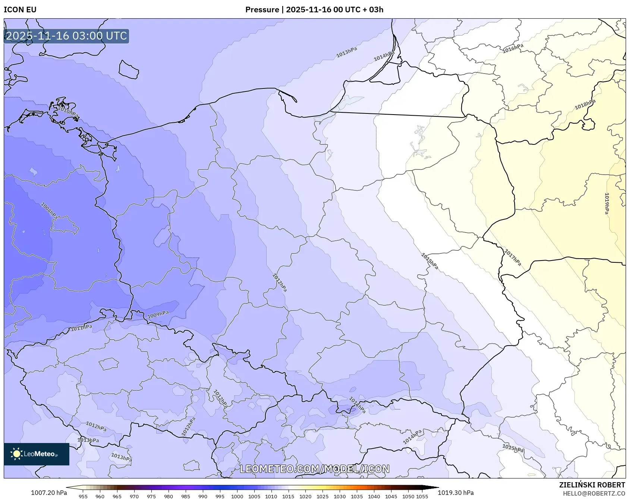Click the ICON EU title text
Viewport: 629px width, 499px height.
click(20, 10)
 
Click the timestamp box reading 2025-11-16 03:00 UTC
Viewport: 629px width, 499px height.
click(66, 36)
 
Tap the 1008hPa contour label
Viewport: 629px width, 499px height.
click(49, 211)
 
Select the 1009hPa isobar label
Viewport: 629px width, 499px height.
click(158, 315)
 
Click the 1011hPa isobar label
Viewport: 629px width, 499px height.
click(81, 328)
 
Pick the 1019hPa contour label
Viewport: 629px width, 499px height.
click(607, 203)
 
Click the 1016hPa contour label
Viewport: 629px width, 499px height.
click(513, 49)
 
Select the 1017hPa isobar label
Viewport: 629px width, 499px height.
click(513, 258)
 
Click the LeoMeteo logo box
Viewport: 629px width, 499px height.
click(37, 454)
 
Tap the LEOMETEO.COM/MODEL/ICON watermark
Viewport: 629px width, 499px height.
click(314, 469)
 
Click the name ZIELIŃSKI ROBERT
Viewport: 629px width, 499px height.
click(592, 485)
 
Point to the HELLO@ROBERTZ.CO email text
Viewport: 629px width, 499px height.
click(594, 493)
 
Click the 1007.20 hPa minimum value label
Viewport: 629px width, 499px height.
click(49, 493)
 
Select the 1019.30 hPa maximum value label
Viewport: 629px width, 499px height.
click(456, 493)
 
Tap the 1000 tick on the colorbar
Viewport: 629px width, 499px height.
click(237, 496)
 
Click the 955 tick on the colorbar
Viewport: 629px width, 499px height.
click(83, 496)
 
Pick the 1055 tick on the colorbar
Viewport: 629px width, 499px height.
click(422, 496)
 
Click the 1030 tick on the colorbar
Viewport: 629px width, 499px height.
click(340, 496)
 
